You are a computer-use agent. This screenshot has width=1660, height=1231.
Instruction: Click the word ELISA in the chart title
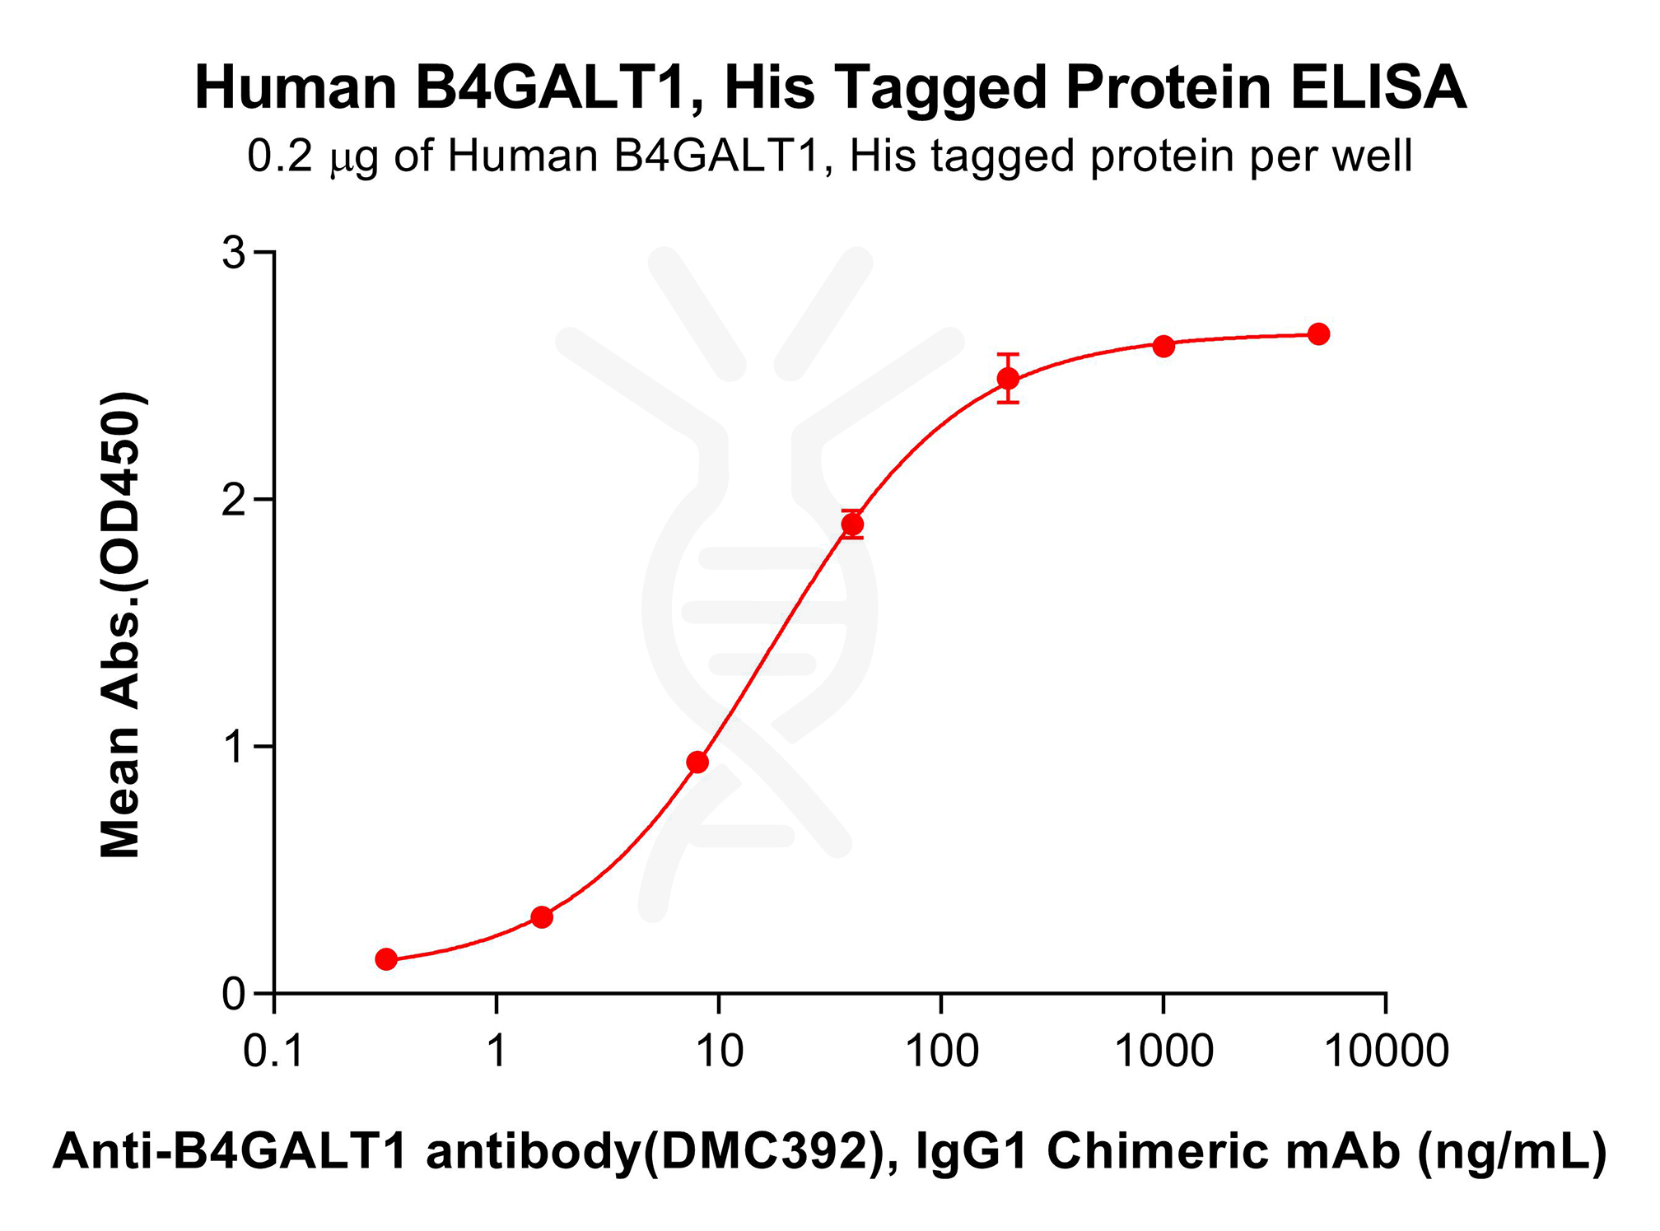pyautogui.click(x=1378, y=88)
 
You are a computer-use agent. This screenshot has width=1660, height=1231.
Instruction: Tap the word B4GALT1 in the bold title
pyautogui.click(x=551, y=88)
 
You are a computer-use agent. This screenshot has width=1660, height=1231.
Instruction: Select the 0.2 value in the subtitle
pyautogui.click(x=280, y=156)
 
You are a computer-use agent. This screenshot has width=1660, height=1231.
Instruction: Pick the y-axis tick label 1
pyautogui.click(x=235, y=748)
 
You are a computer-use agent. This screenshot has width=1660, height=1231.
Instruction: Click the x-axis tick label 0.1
pyautogui.click(x=273, y=1052)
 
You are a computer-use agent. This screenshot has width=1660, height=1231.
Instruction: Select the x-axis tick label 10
pyautogui.click(x=719, y=1052)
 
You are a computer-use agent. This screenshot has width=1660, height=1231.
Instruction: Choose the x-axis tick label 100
pyautogui.click(x=941, y=1052)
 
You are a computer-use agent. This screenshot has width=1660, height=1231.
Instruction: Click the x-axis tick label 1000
pyautogui.click(x=1163, y=1052)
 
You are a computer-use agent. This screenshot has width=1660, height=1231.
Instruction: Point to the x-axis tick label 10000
pyautogui.click(x=1386, y=1052)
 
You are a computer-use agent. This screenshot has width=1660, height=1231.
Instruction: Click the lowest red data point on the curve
pyautogui.click(x=386, y=958)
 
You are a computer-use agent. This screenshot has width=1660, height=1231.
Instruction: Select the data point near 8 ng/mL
pyautogui.click(x=697, y=762)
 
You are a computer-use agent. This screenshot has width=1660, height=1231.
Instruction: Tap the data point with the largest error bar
pyautogui.click(x=1008, y=379)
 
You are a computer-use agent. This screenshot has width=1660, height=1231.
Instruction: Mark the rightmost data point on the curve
pyautogui.click(x=1318, y=334)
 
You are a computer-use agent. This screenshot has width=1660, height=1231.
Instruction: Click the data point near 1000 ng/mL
pyautogui.click(x=1163, y=346)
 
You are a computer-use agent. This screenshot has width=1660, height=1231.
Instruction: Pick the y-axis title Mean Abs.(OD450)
pyautogui.click(x=121, y=626)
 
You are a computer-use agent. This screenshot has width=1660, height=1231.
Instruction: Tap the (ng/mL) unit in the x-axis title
pyautogui.click(x=1511, y=1151)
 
